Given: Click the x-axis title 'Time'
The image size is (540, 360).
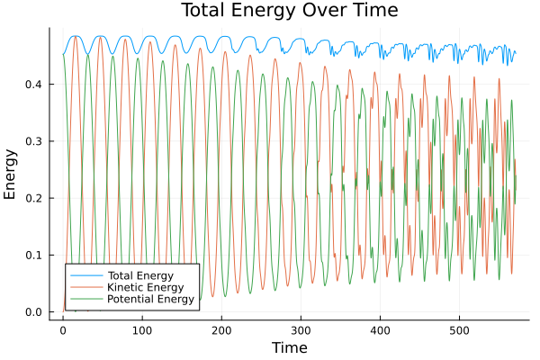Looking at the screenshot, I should point(289,347).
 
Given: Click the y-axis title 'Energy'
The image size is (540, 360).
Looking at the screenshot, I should point(11,174).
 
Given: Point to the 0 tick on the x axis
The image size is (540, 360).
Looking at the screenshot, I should point(63,329).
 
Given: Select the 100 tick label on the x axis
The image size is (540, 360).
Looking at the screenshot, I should point(142,329).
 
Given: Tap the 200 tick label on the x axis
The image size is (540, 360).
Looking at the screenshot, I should point(221,329).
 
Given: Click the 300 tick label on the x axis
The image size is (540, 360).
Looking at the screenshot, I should point(301,329).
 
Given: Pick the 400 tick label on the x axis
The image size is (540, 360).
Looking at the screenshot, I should point(380,329).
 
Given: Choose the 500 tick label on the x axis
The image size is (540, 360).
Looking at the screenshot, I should point(459,329).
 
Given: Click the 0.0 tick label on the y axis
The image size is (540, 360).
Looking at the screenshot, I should point(35,312).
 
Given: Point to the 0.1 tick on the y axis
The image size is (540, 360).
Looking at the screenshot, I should point(35,256).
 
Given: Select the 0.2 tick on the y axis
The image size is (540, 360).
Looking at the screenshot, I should point(35,198).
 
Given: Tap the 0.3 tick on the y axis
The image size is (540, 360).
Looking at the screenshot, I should point(35,141).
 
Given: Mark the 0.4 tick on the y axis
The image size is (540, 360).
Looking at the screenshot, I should point(35,85).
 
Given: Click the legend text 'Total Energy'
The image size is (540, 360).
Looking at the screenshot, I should point(139,274).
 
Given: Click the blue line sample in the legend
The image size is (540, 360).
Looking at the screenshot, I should point(85,274).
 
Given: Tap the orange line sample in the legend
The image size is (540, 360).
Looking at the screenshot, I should point(85,287).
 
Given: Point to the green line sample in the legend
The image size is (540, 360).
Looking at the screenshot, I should point(85,299).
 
